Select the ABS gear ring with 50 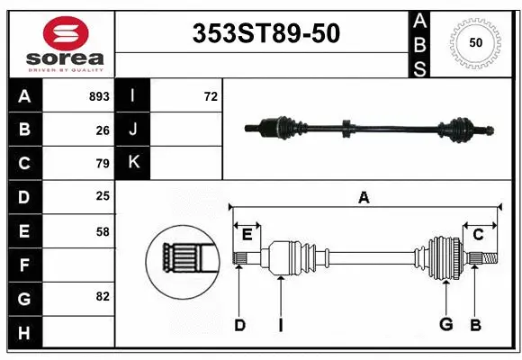pos(473,42)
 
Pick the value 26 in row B pos(103,130)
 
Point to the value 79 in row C pos(103,164)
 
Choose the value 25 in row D pos(103,196)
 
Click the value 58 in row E pos(103,231)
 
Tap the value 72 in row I pos(211,96)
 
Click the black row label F pos(24,265)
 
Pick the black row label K pos(133,163)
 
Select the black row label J pos(133,130)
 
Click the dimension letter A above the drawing pos(364,198)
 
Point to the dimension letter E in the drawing pos(247,235)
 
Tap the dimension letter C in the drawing pos(478,235)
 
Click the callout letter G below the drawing pos(445,325)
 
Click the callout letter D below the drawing pos(239,325)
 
